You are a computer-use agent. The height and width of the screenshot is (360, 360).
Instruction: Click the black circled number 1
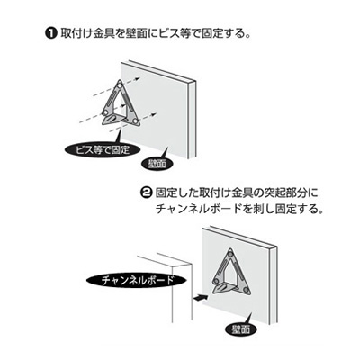pos(51,34)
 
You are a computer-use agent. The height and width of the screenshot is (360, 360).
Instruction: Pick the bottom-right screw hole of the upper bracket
pos(137,120)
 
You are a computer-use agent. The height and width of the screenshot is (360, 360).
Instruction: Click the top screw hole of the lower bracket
pos(230,250)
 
